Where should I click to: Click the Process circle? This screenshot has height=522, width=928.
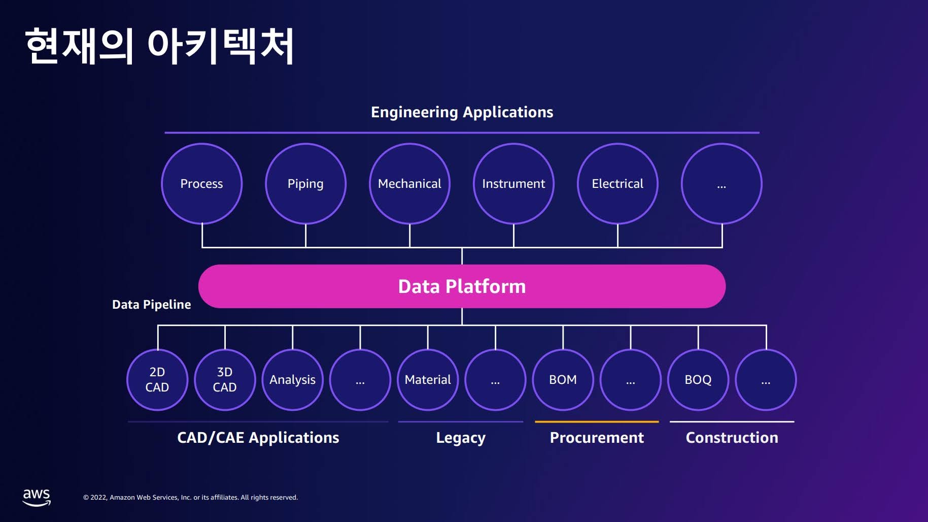point(201,183)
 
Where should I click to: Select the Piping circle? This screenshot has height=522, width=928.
point(305,183)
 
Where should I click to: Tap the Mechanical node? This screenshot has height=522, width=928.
point(409,183)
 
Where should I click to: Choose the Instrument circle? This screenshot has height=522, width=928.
point(513,183)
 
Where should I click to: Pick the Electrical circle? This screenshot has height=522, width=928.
point(617,183)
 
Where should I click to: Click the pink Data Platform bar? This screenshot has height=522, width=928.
point(462,286)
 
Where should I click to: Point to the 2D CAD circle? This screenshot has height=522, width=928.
point(157,380)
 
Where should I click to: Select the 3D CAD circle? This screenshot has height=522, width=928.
point(225,380)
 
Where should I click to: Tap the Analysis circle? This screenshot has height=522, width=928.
point(292,380)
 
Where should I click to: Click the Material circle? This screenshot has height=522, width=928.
point(428,380)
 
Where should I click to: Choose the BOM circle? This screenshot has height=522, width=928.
point(563,380)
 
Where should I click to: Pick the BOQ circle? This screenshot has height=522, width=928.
point(698,380)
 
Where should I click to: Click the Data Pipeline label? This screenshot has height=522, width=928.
point(152,305)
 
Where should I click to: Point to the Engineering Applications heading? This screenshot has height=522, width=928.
point(462,112)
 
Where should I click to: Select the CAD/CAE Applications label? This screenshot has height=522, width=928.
point(258,438)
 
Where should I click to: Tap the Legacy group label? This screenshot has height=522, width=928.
point(461,438)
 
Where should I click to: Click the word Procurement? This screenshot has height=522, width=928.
point(597,438)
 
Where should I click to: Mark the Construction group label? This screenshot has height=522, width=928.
point(732,438)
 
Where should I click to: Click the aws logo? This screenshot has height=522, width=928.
point(37,498)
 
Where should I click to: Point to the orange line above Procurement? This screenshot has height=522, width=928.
point(597,421)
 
